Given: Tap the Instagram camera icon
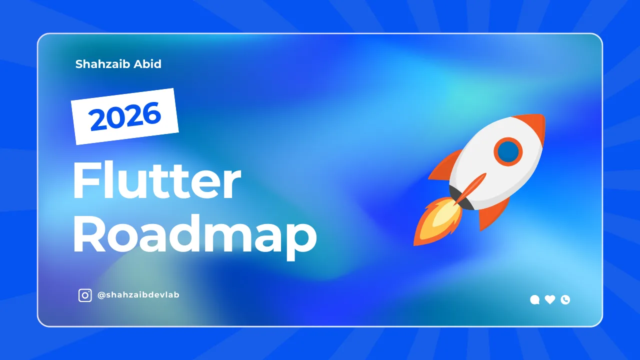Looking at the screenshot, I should (85, 295).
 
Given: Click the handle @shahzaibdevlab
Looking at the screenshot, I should (138, 295).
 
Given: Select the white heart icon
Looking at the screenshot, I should (550, 299).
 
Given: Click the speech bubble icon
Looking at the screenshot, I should (534, 300).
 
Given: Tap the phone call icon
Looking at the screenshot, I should (565, 299).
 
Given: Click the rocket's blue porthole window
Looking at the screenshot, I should (508, 150).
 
